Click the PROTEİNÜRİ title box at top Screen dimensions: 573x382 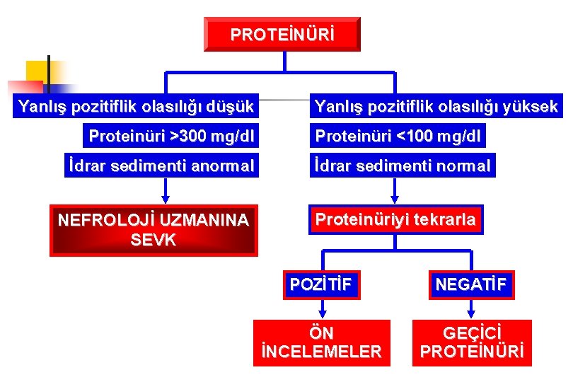pyautogui.click(x=282, y=34)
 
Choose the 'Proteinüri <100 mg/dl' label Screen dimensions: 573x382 pyautogui.click(x=398, y=135)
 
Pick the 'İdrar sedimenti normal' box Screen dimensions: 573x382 pyautogui.click(x=402, y=166)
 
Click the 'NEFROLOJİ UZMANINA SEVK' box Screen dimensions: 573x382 pyautogui.click(x=154, y=230)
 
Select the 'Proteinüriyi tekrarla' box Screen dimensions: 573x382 pyautogui.click(x=395, y=220)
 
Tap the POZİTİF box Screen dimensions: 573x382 pyautogui.click(x=320, y=284)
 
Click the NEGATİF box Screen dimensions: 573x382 pyautogui.click(x=471, y=284)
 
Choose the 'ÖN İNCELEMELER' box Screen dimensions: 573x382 pyautogui.click(x=322, y=342)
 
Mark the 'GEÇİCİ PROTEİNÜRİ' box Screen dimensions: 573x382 pyautogui.click(x=472, y=342)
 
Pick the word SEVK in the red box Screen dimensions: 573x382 pyautogui.click(x=154, y=239)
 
